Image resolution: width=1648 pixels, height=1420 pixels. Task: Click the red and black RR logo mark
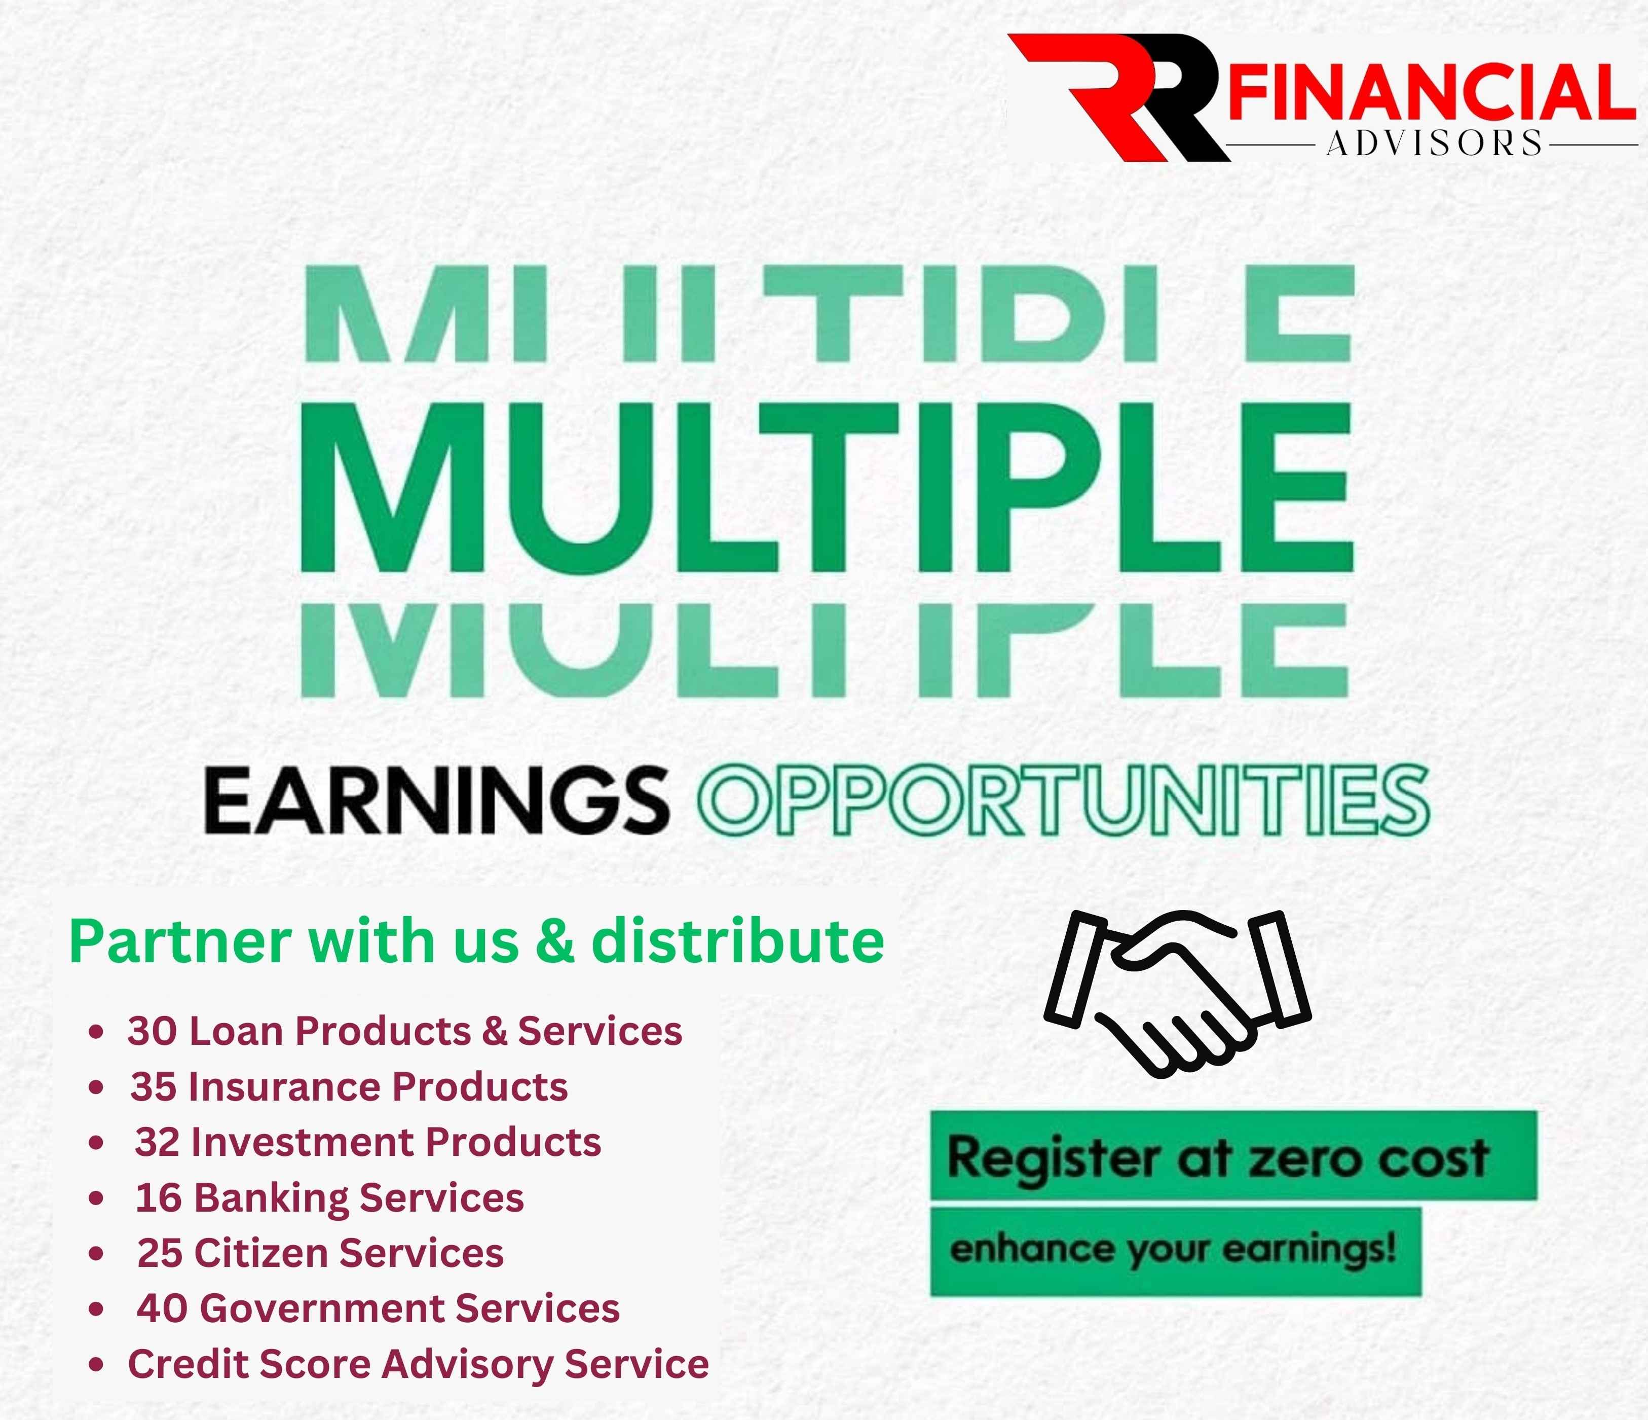(x=1117, y=97)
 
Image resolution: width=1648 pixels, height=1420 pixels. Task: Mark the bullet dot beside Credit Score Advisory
(x=96, y=1366)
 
